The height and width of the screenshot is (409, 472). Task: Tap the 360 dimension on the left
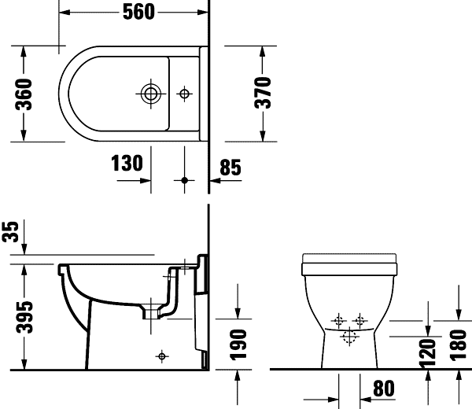click(x=23, y=94)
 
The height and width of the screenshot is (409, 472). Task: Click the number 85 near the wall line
click(x=230, y=168)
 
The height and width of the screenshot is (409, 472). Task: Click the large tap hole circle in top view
click(x=149, y=94)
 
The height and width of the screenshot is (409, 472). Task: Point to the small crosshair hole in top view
click(x=185, y=94)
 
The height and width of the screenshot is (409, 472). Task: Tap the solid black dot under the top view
click(x=185, y=180)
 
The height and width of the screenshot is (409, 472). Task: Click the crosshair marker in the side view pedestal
click(x=162, y=356)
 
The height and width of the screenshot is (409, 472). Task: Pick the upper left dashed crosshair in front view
click(x=339, y=320)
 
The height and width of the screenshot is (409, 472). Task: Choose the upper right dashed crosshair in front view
click(x=360, y=320)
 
